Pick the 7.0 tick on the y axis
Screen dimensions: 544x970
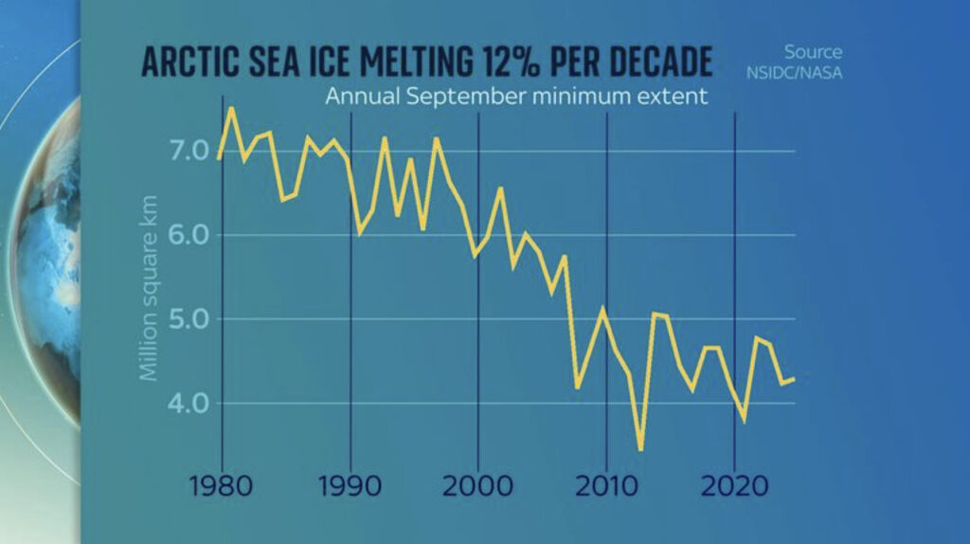[x=184, y=152]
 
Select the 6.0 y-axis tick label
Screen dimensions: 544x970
[x=184, y=235]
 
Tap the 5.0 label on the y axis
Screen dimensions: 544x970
[x=184, y=319]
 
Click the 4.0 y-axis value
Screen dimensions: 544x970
[x=184, y=404]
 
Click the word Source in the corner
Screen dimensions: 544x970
[x=813, y=52]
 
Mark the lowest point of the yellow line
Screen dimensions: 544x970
[x=641, y=449]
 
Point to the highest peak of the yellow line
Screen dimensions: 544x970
[x=231, y=109]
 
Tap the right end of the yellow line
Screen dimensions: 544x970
[x=794, y=379]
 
